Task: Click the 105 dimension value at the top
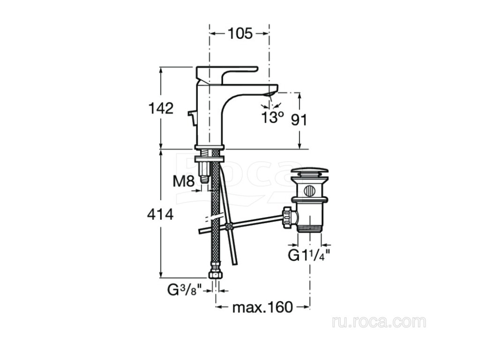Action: tap(240, 34)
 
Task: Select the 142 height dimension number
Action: tap(161, 108)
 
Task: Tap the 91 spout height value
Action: tap(299, 120)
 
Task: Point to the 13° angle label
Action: tap(273, 117)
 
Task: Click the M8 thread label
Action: tap(184, 181)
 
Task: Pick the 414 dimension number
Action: tap(160, 215)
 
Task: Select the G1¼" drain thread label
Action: tap(309, 255)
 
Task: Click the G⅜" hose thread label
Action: tap(185, 290)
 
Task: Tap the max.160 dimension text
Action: tap(263, 307)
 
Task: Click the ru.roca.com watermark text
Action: tap(379, 322)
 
